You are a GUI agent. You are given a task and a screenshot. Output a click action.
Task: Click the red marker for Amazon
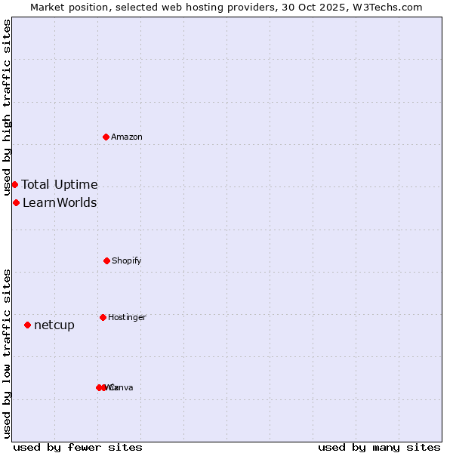[106, 137]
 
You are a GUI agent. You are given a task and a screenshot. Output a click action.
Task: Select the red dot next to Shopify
[106, 260]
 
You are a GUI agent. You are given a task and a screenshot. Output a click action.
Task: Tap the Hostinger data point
[103, 317]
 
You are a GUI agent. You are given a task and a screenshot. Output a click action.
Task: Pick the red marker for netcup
[27, 325]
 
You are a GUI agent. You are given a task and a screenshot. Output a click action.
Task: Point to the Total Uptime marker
[14, 184]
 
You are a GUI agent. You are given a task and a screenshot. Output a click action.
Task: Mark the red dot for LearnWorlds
[16, 202]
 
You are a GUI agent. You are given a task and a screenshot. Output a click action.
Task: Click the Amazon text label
[127, 137]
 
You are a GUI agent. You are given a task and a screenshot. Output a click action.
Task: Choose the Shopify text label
[127, 260]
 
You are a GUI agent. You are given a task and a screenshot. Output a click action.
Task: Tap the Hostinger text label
[127, 317]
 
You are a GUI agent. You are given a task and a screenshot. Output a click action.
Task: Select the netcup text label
[54, 325]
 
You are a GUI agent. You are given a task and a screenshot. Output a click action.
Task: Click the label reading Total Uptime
[60, 184]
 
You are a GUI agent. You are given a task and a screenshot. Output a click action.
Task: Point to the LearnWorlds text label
[60, 202]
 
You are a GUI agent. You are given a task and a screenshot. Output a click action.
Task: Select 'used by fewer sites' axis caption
[78, 447]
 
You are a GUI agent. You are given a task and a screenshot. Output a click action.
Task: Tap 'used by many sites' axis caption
[379, 447]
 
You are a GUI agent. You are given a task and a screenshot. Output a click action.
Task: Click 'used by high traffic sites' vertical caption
[8, 108]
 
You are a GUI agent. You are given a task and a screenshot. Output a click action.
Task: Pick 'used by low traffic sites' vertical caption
[8, 353]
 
